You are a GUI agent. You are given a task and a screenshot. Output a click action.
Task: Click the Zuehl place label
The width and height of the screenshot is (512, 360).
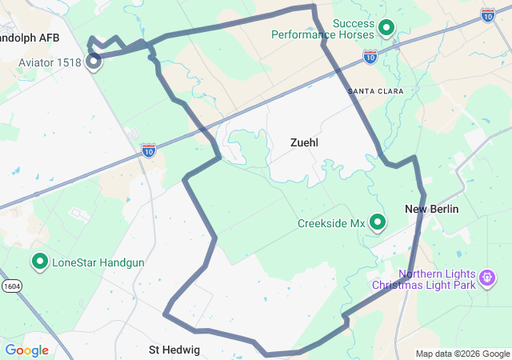point(304,142)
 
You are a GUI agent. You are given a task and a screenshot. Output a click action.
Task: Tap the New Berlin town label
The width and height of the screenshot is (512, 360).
point(432,209)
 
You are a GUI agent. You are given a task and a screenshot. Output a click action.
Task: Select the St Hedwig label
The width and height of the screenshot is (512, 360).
point(174,350)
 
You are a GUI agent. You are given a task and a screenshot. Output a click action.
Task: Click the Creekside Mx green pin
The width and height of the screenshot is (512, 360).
point(377,223)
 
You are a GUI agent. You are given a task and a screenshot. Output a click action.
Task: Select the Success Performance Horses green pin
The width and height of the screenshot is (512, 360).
point(386,28)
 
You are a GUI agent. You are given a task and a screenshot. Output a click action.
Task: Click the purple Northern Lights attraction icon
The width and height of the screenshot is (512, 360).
point(486,278)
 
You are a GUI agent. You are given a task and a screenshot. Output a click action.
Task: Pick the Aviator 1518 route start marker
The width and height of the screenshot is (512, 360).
point(94,59)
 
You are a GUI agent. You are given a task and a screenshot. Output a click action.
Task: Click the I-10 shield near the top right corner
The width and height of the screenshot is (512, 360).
point(488,14)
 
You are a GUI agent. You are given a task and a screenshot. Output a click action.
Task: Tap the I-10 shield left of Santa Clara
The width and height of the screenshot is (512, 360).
point(370,56)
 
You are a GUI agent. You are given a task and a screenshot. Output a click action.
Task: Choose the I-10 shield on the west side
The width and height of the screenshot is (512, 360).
point(149,150)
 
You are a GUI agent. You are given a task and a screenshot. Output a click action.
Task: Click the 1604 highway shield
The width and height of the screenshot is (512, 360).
point(12,285)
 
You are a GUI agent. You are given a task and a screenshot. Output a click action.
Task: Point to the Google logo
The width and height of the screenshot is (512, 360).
point(26,350)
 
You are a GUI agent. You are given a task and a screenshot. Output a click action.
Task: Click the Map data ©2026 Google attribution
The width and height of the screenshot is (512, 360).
point(462,354)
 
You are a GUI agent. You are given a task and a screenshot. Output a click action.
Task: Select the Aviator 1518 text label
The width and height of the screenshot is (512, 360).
point(50,62)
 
